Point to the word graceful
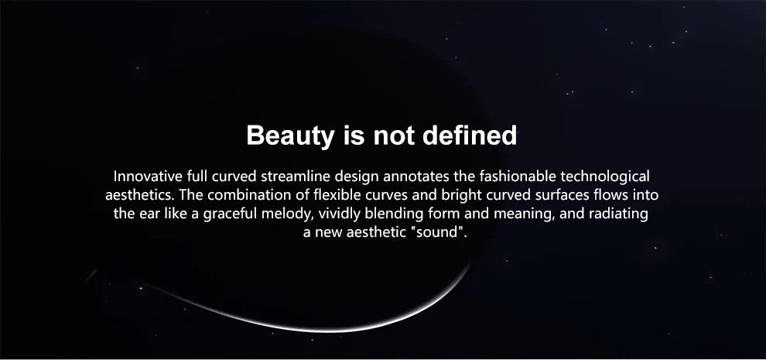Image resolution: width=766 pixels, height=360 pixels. [x=233, y=213]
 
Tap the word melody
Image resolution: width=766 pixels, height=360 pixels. [x=292, y=213]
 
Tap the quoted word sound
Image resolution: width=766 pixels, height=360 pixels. [x=441, y=231]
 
